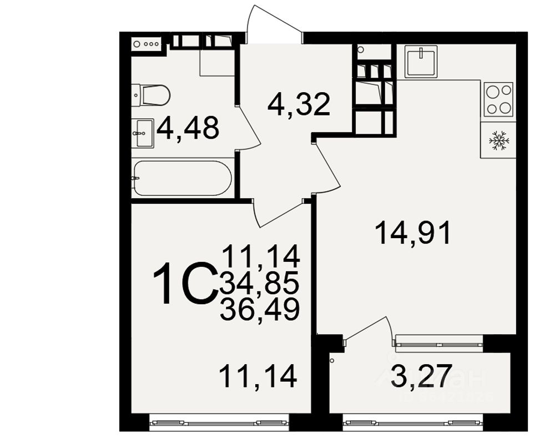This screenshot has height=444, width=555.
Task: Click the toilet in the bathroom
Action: [152, 95]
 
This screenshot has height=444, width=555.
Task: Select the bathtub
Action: [182, 178]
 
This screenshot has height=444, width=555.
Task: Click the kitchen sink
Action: [421, 60]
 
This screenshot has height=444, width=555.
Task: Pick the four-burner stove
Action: [498, 99]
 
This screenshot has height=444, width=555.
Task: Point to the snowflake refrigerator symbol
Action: [498, 140]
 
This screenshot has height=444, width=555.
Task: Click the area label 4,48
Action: [188, 129]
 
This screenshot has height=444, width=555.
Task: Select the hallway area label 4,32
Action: [299, 104]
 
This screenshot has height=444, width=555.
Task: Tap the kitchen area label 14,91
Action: [413, 233]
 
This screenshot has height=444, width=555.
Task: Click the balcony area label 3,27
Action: [420, 376]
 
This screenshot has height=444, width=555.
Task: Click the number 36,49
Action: [260, 309]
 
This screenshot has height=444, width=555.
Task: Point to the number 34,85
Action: [260, 283]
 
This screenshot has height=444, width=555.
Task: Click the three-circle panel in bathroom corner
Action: [147, 43]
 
